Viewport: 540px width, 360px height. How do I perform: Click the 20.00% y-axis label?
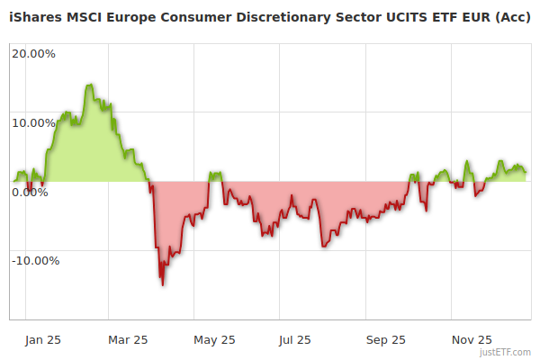pos(33,53)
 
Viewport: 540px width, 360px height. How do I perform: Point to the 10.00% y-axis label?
pos(33,122)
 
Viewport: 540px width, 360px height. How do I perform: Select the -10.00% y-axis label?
pos(35,261)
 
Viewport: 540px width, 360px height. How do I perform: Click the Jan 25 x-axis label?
pos(42,339)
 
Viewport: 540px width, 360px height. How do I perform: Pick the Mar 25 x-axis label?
pos(127,339)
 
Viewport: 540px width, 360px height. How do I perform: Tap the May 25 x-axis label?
pos(214,339)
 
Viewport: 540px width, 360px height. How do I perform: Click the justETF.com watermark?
pos(505,352)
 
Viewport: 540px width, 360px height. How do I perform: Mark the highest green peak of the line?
pos(89,85)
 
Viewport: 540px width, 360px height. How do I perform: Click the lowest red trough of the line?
pos(163,284)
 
